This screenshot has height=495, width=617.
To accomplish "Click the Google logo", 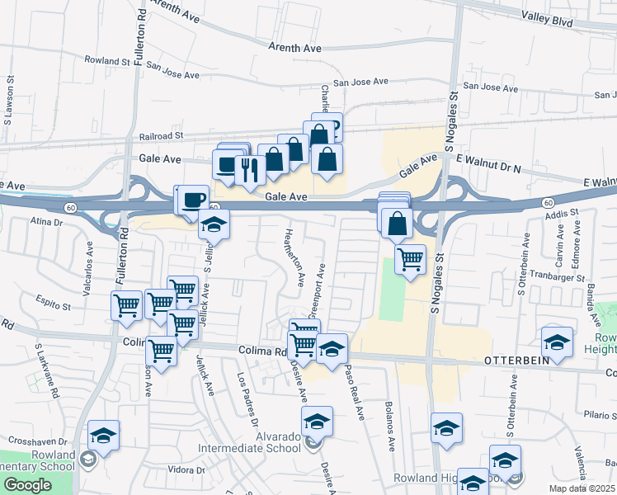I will pyautogui.click(x=28, y=485).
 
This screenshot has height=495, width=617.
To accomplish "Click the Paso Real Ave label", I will pyautogui.click(x=355, y=393).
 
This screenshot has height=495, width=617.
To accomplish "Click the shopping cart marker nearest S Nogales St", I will pyautogui.click(x=410, y=259).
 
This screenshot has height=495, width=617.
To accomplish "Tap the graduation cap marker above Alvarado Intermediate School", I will pyautogui.click(x=317, y=421).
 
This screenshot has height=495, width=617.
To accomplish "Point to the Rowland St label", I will pyautogui.click(x=108, y=60).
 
